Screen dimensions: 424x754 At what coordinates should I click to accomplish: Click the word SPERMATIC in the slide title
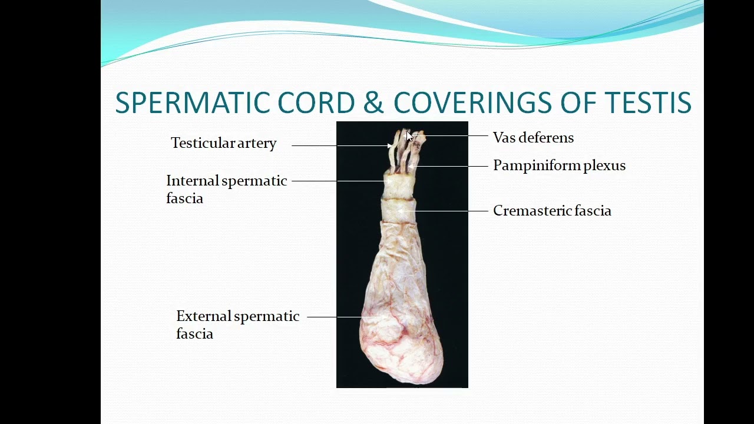tap(193, 103)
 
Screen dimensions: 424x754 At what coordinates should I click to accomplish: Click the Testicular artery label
tap(223, 143)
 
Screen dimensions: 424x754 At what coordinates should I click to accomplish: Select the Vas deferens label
tap(533, 138)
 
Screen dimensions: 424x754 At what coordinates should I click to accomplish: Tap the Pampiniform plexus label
tap(559, 165)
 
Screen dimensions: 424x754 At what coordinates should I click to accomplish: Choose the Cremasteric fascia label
tap(552, 211)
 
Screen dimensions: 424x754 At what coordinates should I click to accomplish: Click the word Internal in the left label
tap(193, 181)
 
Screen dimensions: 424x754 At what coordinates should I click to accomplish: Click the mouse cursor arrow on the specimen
tap(410, 137)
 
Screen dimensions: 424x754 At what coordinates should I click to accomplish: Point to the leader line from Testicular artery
tap(339, 145)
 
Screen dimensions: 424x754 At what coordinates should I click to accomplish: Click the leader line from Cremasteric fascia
tap(448, 211)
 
